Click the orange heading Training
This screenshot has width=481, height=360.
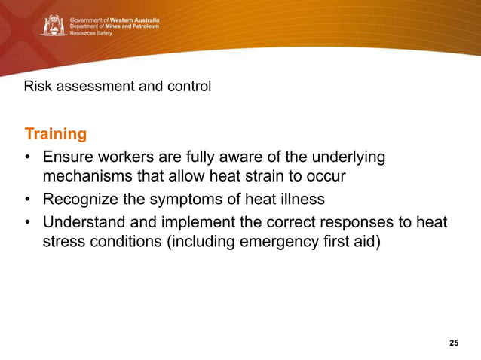[x=55, y=134]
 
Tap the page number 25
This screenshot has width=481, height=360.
[x=453, y=343]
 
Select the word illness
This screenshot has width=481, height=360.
[x=299, y=200]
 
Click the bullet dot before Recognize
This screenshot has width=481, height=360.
[x=28, y=200]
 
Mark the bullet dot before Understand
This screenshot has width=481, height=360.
[x=28, y=223]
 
